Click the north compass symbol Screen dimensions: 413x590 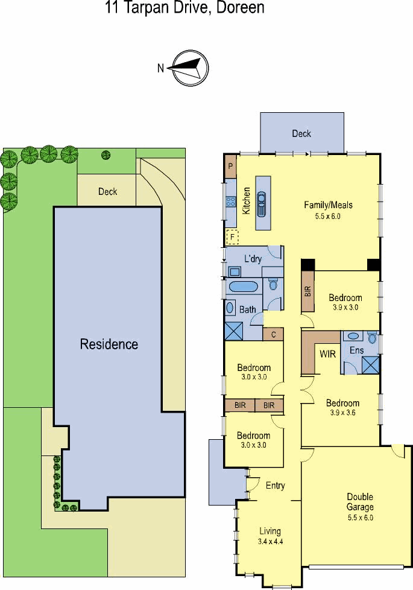pyautogui.click(x=191, y=68)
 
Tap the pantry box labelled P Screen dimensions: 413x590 pyautogui.click(x=230, y=167)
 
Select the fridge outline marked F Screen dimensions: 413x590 pyautogui.click(x=233, y=237)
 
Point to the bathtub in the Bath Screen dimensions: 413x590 pyautogui.click(x=242, y=287)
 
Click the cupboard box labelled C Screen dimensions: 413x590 pyautogui.click(x=273, y=334)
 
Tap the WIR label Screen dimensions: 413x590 pyautogui.click(x=327, y=354)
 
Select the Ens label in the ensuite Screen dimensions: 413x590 pyautogui.click(x=356, y=351)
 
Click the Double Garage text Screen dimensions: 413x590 pyautogui.click(x=360, y=502)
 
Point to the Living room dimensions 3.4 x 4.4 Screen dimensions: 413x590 pyautogui.click(x=270, y=542)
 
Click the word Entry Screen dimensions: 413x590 pyautogui.click(x=276, y=486)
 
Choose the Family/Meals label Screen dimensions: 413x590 pyautogui.click(x=328, y=205)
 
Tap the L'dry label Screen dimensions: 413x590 pyautogui.click(x=253, y=258)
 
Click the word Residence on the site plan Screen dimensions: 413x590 pyautogui.click(x=109, y=344)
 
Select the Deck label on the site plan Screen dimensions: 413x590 pyautogui.click(x=107, y=191)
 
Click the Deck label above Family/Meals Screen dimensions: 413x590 pyautogui.click(x=301, y=133)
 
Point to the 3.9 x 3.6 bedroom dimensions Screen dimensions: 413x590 pyautogui.click(x=343, y=413)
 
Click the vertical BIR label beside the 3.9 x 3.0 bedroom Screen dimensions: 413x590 pyautogui.click(x=307, y=291)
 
